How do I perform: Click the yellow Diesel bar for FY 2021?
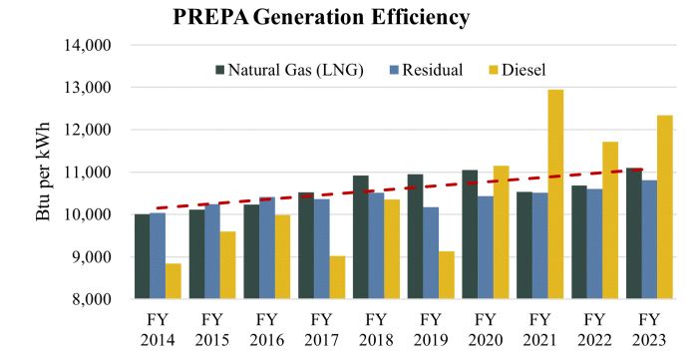[x=555, y=194]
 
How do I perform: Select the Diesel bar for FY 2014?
[x=174, y=281]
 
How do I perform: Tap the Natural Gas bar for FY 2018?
[x=361, y=236]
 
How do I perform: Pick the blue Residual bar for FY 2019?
[x=431, y=252]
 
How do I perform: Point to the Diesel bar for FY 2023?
[x=665, y=206]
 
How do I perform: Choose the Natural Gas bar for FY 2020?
[x=470, y=234]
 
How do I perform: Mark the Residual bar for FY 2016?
[x=267, y=248]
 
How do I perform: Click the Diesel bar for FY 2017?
[x=337, y=277]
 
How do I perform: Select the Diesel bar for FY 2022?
[x=610, y=220]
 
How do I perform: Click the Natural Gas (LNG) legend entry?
[x=290, y=70]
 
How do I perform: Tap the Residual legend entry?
[x=427, y=70]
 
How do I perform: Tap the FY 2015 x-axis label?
[x=212, y=330]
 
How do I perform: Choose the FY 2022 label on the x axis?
[x=594, y=330]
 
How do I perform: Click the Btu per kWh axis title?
[x=43, y=172]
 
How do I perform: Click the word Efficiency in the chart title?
[x=420, y=17]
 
